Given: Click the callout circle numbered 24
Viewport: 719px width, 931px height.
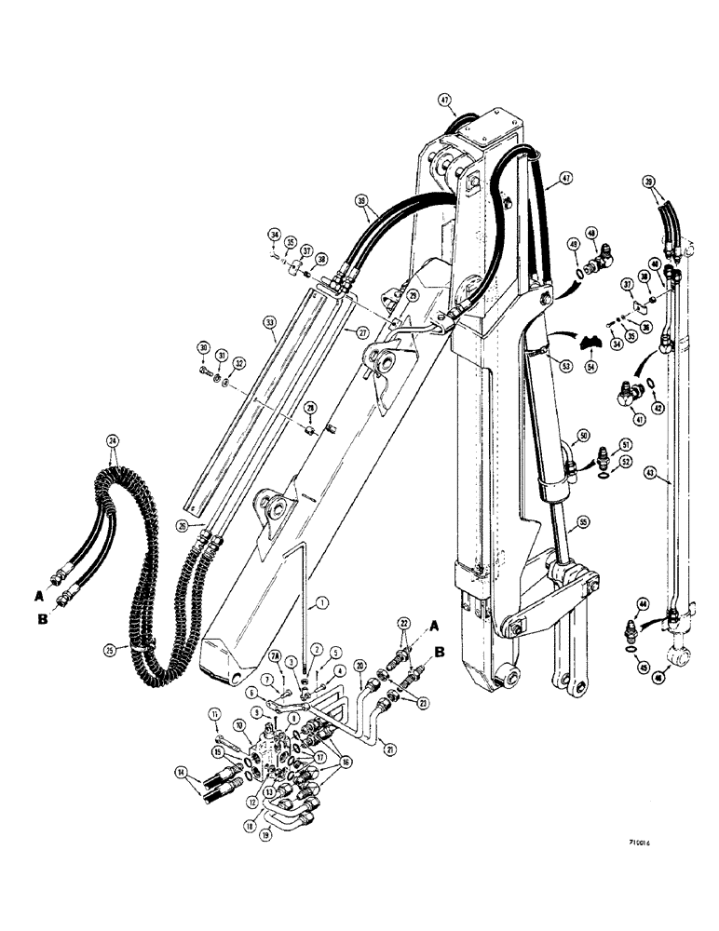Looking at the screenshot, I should [x=114, y=440].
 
